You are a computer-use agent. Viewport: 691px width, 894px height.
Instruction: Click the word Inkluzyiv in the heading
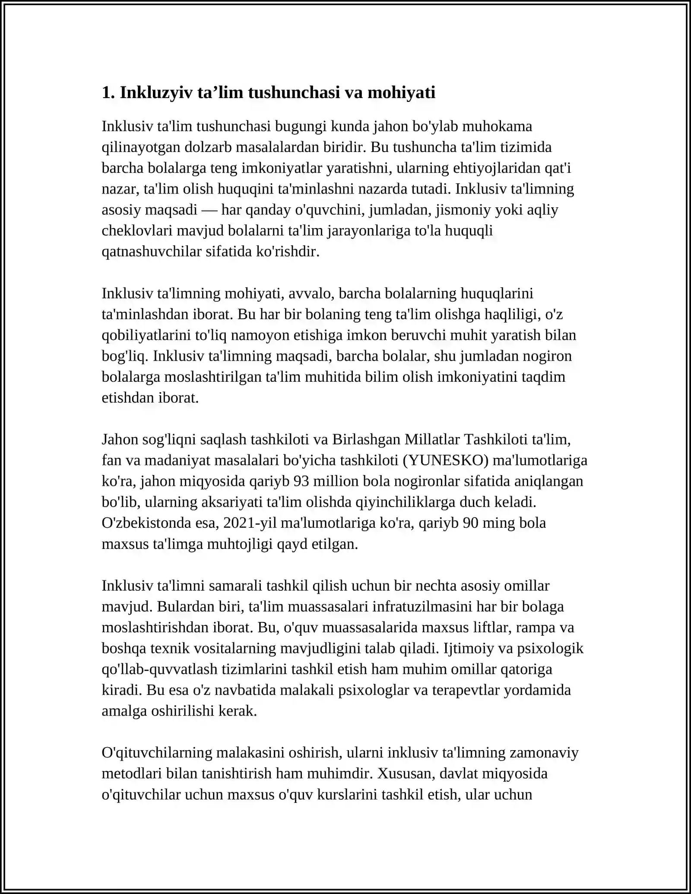click(156, 92)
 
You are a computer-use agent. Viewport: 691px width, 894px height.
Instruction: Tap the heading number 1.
click(106, 92)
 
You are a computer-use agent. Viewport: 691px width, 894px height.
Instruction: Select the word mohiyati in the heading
click(401, 92)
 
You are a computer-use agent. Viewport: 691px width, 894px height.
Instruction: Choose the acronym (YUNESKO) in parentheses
click(445, 460)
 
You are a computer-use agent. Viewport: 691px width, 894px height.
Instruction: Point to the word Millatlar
click(432, 439)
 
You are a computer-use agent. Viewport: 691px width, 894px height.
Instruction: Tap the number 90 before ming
click(471, 523)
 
